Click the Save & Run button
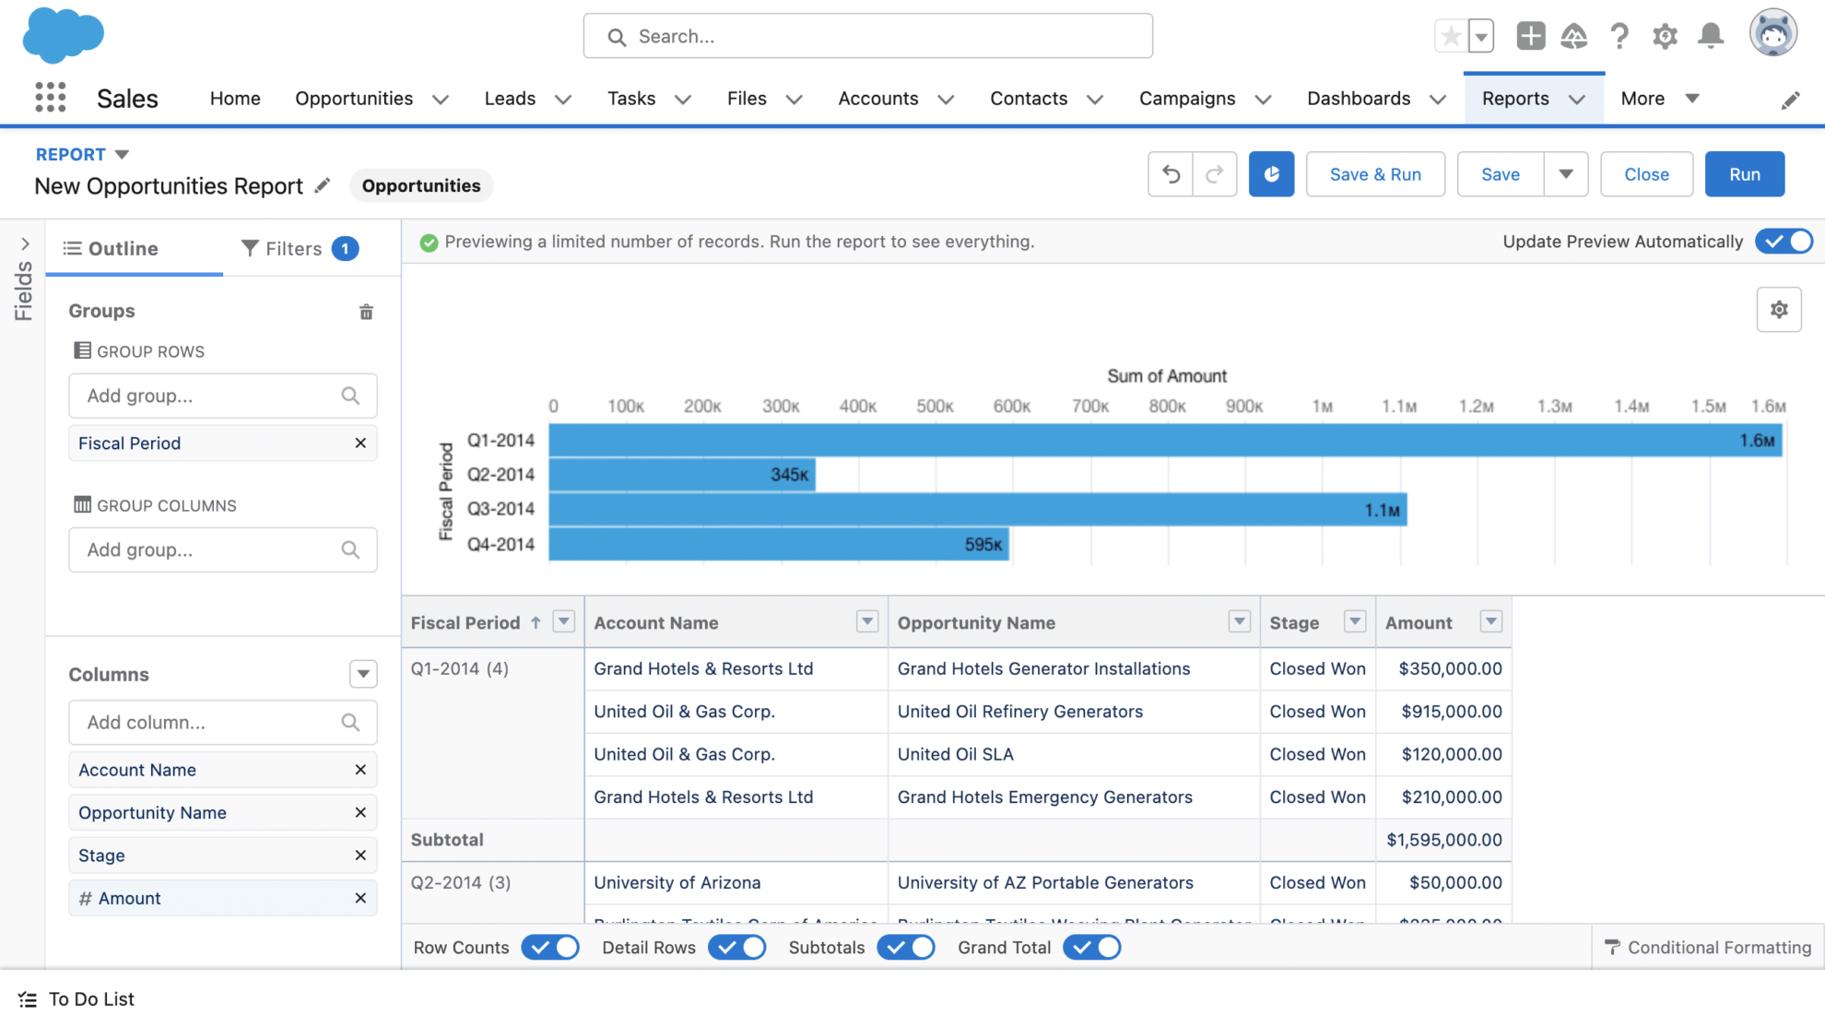coord(1374,174)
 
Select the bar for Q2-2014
coord(682,475)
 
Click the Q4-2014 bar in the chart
coord(779,544)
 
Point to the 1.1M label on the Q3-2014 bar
coord(1382,510)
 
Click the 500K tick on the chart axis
coord(934,407)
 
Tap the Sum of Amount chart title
coord(1166,376)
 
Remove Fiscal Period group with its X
coord(360,443)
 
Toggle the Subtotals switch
coord(906,948)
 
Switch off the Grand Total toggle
coord(1091,948)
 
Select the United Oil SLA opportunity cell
coord(955,754)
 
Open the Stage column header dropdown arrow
coord(1354,622)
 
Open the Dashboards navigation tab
coord(1359,99)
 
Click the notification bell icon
coord(1711,36)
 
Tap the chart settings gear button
coord(1779,310)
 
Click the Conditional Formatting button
coord(1708,948)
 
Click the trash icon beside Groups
coord(366,312)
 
